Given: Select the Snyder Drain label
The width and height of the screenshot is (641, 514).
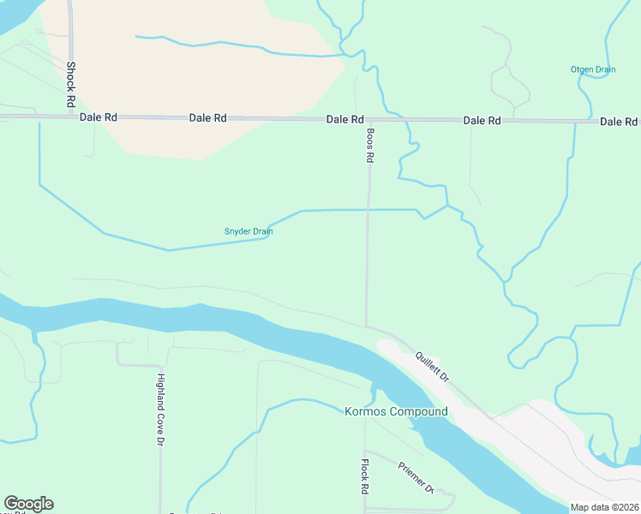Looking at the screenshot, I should point(249,230).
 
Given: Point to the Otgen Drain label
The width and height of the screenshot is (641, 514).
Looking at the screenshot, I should point(593,70).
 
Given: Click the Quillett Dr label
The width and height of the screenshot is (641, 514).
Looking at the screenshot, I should point(433,367).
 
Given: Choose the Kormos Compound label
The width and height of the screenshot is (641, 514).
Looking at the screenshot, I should point(395,412).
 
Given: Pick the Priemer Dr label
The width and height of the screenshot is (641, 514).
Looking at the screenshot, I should point(416,478).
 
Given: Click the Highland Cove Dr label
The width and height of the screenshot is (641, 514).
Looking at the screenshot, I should point(160,409).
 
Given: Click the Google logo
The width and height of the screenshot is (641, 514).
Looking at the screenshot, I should point(28,504).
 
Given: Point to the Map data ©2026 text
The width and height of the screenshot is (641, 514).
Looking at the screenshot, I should point(604,507).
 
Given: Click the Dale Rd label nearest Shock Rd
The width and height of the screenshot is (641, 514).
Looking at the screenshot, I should point(98,118).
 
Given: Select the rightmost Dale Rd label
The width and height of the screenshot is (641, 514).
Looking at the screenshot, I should point(619,122).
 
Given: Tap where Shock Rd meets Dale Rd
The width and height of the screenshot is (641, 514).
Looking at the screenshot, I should point(70,117).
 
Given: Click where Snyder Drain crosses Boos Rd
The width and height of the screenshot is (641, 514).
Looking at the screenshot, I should point(368,209).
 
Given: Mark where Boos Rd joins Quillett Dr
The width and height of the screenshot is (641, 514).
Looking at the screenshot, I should point(367,326).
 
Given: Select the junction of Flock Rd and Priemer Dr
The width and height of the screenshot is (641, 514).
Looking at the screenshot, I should point(365,451).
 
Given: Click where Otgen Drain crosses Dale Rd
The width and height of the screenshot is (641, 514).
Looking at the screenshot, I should point(590,122).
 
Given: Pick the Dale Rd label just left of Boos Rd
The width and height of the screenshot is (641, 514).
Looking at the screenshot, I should point(345,120).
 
